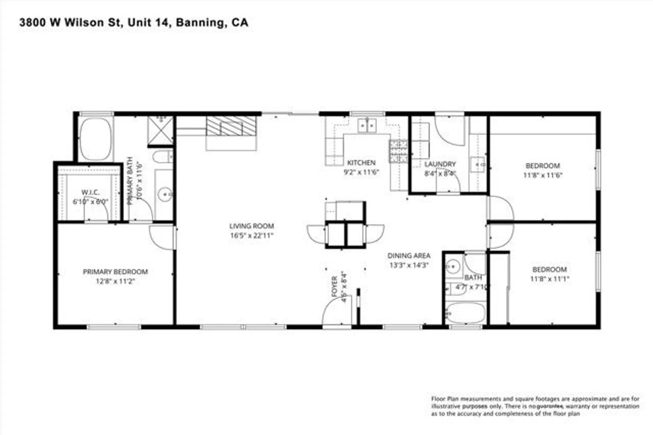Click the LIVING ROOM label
click(251, 226)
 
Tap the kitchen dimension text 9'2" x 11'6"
click(361, 172)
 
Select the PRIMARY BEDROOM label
click(115, 272)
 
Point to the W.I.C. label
click(90, 192)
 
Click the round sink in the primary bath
click(165, 195)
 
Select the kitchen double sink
click(367, 126)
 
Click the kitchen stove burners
click(398, 151)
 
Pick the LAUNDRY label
click(440, 164)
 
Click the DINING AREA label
click(409, 256)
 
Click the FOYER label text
click(334, 287)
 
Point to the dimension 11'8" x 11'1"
click(549, 279)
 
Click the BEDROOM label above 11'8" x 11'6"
click(543, 166)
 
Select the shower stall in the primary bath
click(160, 130)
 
